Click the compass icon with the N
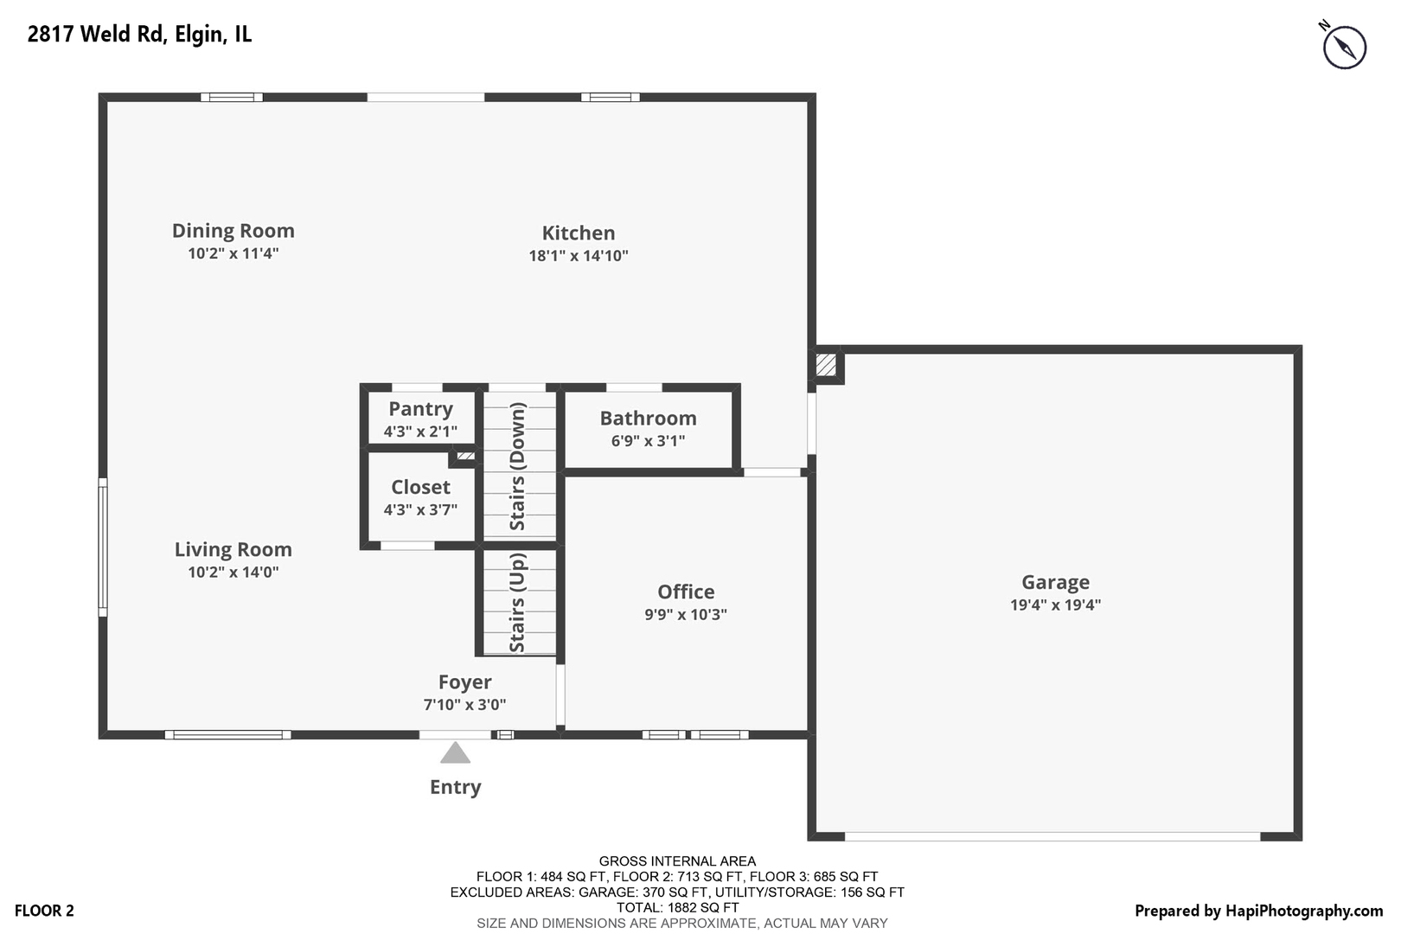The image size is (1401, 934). click(x=1344, y=47)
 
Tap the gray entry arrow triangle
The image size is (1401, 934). click(x=455, y=754)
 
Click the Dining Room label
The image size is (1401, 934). click(x=233, y=231)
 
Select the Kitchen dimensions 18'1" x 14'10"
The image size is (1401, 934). click(x=578, y=256)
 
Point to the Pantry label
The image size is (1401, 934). click(x=420, y=409)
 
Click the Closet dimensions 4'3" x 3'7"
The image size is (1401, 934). click(x=420, y=510)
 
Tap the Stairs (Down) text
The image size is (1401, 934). click(x=517, y=466)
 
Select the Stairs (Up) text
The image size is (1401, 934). click(x=517, y=603)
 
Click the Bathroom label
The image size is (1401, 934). click(x=648, y=419)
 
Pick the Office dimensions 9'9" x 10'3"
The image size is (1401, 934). click(x=685, y=615)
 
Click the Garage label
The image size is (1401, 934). click(x=1055, y=582)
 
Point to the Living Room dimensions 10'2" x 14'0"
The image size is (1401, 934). click(x=233, y=573)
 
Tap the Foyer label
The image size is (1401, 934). click(x=464, y=682)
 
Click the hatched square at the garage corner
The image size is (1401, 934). click(x=827, y=365)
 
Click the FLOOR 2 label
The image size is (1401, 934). click(x=44, y=911)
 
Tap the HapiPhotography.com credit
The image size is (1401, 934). click(x=1258, y=911)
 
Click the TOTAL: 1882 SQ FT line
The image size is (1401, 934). click(x=677, y=908)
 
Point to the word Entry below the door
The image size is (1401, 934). click(x=455, y=787)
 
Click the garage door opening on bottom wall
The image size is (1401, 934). click(x=1052, y=836)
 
